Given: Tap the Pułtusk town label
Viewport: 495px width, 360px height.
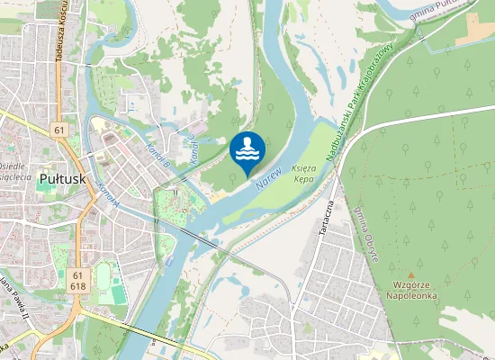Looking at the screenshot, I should [62, 179].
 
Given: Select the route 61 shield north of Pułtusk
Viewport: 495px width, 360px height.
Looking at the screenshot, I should [60, 130].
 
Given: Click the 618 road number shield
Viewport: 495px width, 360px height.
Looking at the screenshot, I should [77, 286].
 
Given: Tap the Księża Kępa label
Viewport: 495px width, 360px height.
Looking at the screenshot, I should [307, 174].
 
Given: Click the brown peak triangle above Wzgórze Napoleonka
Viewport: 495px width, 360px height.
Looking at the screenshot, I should [410, 275].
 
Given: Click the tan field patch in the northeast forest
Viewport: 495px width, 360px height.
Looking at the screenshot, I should [474, 30].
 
